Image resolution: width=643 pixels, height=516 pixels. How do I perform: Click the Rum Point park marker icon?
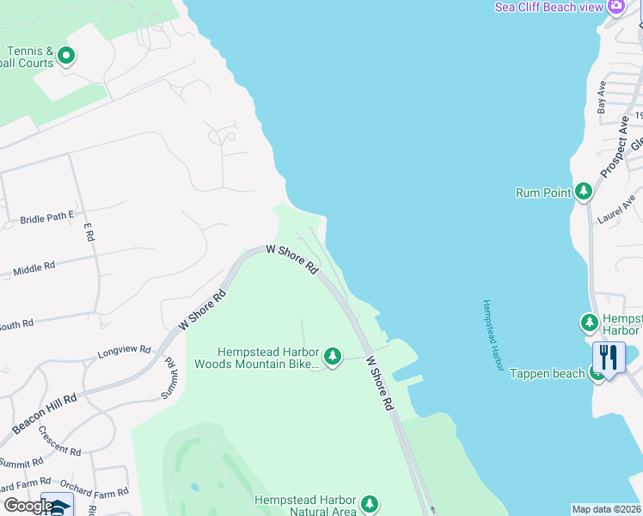tap(585, 191)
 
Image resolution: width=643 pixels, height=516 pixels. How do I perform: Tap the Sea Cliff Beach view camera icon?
tap(615, 7)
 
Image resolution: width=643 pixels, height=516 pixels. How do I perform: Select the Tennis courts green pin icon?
tap(65, 58)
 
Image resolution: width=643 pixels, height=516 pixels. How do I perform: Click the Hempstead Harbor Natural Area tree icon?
tap(370, 503)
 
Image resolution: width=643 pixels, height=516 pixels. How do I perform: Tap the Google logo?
tap(28, 506)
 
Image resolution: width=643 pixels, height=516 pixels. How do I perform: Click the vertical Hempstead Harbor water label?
tap(492, 336)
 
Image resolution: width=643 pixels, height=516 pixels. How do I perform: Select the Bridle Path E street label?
tap(47, 219)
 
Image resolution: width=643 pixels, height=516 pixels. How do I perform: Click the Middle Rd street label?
tap(34, 269)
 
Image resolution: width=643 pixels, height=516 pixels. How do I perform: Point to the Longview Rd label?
tap(124, 352)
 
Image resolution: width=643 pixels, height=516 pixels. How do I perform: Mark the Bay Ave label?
tap(602, 96)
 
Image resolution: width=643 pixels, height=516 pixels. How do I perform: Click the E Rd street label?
tap(87, 231)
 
